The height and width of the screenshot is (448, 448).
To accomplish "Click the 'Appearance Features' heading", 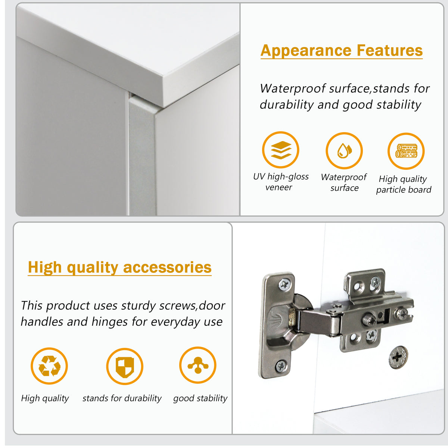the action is (x=342, y=50).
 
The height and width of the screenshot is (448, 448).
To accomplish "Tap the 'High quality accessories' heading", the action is (x=120, y=267).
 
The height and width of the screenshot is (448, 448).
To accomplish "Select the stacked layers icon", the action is (x=281, y=150).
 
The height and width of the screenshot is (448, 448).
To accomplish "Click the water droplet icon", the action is (x=344, y=151).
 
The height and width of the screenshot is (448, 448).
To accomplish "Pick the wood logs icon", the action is (x=407, y=151).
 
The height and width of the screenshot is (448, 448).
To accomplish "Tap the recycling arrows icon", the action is (x=49, y=366).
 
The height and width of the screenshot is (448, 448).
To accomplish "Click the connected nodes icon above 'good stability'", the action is (x=198, y=365).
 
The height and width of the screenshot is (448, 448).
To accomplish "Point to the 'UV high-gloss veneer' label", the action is (x=281, y=182).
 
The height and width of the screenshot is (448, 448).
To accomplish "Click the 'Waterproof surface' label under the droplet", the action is (x=344, y=182).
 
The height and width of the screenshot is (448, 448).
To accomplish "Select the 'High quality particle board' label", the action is (x=404, y=184).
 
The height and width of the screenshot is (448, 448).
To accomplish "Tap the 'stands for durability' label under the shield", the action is (x=122, y=398).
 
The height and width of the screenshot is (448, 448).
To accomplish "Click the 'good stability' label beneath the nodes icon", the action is (x=200, y=398).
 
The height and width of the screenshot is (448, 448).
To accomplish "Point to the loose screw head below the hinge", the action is (x=398, y=357).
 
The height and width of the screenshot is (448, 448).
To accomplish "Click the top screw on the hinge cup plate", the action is (x=284, y=284).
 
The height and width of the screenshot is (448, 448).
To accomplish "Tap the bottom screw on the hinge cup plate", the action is (x=281, y=366).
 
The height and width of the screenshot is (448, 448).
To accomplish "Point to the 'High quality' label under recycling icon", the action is (x=45, y=398).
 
